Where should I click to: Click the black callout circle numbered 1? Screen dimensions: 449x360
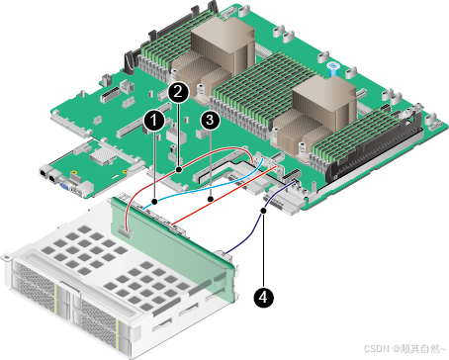tap(154, 121)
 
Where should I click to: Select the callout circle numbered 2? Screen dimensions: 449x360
tap(178, 92)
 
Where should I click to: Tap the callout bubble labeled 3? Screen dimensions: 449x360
tap(210, 120)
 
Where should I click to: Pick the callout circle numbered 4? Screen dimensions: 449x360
tap(263, 298)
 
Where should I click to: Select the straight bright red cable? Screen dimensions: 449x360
tap(224, 196)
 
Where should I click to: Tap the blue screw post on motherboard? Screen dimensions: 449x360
tap(333, 68)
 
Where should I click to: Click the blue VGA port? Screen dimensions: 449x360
tap(63, 186)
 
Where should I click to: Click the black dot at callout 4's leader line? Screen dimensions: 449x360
tap(263, 211)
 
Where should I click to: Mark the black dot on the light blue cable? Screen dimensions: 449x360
tap(154, 201)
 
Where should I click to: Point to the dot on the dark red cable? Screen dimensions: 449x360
tap(179, 170)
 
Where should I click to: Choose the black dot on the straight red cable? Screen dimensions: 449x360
tap(211, 199)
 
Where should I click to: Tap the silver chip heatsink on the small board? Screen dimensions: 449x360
tap(102, 155)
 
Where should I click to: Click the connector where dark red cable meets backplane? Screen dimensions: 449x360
tap(126, 232)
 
